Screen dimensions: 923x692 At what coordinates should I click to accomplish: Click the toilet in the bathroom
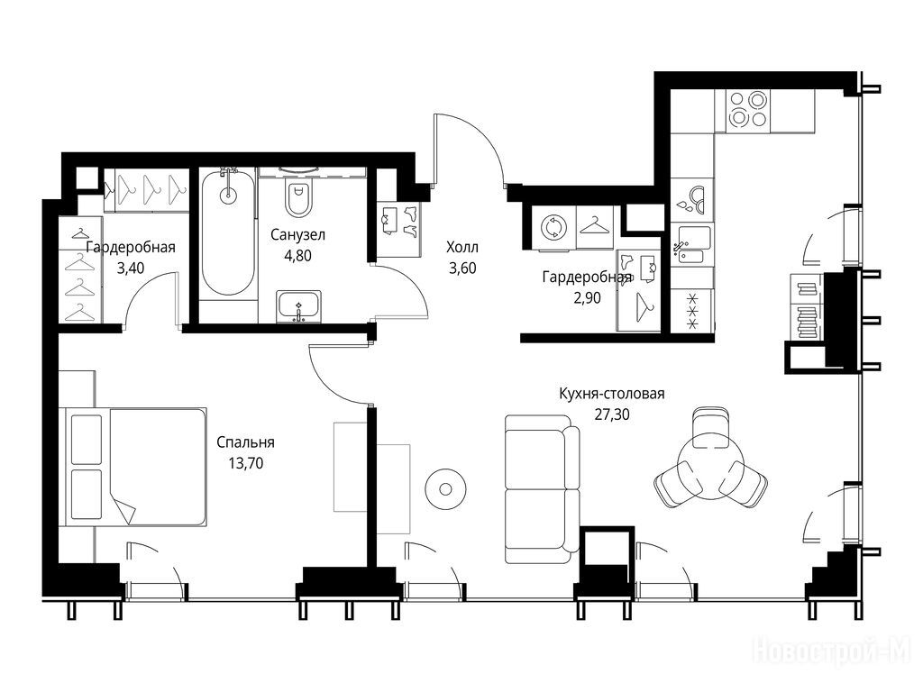[298, 197]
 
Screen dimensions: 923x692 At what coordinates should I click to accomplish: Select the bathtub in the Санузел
[228, 232]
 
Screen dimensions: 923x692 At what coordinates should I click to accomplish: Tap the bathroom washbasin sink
[299, 306]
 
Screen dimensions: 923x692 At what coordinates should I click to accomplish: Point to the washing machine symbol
[554, 227]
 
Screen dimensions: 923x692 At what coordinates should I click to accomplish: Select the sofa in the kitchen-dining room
[542, 489]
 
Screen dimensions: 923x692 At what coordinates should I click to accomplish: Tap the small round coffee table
[445, 489]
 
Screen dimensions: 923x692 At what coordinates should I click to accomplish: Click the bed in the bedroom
[136, 467]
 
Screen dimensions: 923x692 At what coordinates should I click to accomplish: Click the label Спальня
[245, 442]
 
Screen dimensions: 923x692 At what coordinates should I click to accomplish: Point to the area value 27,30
[612, 414]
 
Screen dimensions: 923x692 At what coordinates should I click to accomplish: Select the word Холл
[462, 247]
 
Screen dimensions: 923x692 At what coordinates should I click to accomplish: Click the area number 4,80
[297, 256]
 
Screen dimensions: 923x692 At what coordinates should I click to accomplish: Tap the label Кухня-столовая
[612, 393]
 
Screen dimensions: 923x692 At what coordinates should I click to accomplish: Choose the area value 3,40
[131, 269]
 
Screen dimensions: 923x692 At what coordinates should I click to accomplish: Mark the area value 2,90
[587, 297]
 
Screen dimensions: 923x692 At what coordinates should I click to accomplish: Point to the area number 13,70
[246, 464]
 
